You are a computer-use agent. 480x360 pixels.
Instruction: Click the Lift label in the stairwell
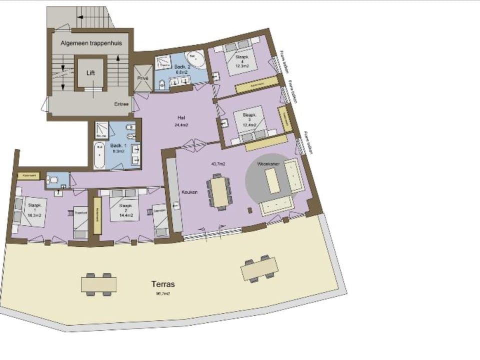coord(90,73)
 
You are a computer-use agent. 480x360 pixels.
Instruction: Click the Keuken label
coord(190,192)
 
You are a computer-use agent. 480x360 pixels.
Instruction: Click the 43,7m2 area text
coord(218,163)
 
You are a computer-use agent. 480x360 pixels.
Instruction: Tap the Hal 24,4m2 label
coord(181,121)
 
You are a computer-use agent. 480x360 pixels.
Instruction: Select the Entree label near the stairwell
coord(121,104)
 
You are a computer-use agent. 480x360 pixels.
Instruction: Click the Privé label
coord(142,78)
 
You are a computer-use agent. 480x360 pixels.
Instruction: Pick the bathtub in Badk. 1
coord(100,155)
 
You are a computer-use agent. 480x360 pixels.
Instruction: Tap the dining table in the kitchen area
coord(219,190)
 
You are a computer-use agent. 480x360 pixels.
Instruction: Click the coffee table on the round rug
coord(272,180)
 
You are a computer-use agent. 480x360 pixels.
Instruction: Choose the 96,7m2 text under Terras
coord(163,294)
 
